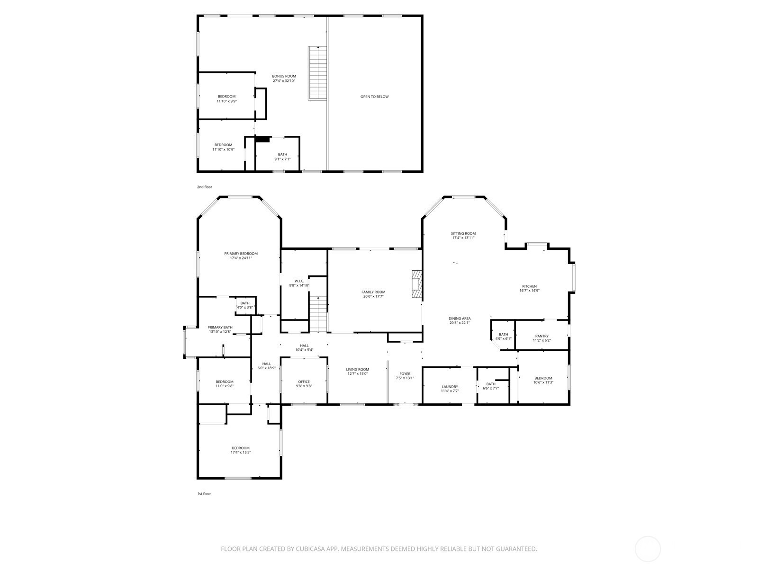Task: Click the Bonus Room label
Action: (284, 76)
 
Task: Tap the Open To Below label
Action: (374, 97)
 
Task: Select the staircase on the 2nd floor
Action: (317, 73)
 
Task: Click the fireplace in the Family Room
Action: (417, 284)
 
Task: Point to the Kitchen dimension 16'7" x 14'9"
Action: (529, 290)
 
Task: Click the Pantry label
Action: (541, 336)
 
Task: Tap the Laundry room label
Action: (450, 387)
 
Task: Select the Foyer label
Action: (405, 373)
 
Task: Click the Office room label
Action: (304, 382)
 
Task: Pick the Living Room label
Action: (357, 369)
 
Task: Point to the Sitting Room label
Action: (463, 233)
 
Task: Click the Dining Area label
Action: (459, 319)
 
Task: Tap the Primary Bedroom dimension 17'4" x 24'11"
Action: (241, 257)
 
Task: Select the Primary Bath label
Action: (220, 327)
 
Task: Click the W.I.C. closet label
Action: (299, 281)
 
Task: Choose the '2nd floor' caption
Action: (205, 187)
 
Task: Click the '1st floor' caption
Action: (204, 494)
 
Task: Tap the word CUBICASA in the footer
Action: (310, 549)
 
